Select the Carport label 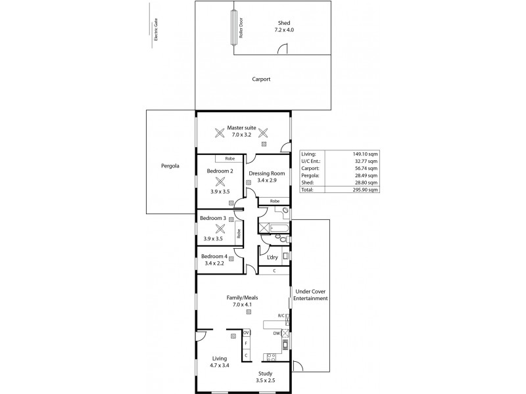pyautogui.click(x=261, y=79)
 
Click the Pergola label pyautogui.click(x=170, y=166)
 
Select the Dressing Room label pyautogui.click(x=266, y=173)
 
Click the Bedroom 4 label pyautogui.click(x=214, y=256)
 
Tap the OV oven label pyautogui.click(x=245, y=333)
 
